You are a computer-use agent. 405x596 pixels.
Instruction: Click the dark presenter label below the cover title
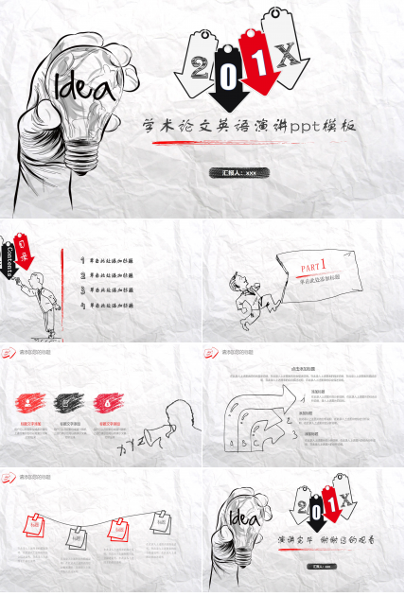(238, 173)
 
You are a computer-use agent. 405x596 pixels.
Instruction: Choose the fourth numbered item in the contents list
(108, 307)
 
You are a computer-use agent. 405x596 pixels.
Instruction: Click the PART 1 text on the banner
(313, 266)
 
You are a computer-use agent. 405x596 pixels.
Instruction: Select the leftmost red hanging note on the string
(35, 522)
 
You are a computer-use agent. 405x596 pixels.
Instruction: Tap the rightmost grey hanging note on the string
(161, 519)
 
